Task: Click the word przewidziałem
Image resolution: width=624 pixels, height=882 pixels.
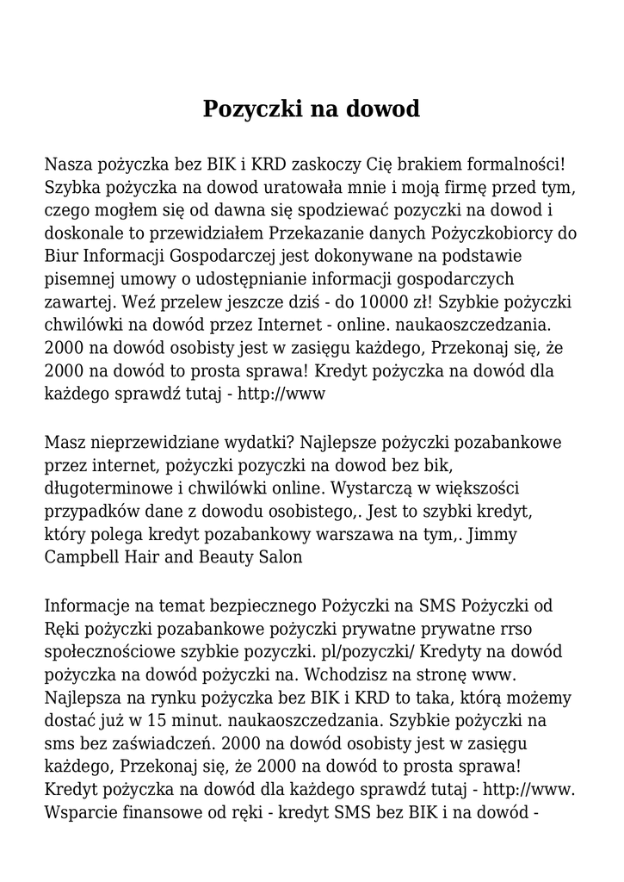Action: (x=212, y=233)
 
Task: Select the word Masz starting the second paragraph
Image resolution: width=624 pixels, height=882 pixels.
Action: (x=65, y=443)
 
